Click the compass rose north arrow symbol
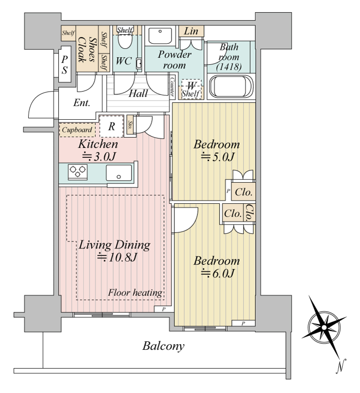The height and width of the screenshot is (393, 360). click(x=324, y=327)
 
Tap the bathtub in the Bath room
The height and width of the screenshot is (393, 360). click(x=231, y=86)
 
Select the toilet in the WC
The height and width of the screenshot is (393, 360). click(x=125, y=40)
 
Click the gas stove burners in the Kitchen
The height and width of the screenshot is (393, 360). click(x=78, y=172)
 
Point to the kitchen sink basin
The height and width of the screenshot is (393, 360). click(x=118, y=173)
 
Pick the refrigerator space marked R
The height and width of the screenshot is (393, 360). click(x=111, y=126)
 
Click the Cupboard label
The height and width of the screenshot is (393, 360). click(x=77, y=130)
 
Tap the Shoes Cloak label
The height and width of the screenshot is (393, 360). click(x=87, y=49)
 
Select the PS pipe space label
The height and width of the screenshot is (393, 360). click(x=65, y=65)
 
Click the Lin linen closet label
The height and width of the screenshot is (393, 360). click(x=191, y=31)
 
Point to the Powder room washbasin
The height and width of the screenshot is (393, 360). click(x=160, y=36)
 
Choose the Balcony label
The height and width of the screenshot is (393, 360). click(x=164, y=346)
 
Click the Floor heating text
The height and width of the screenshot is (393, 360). click(x=135, y=293)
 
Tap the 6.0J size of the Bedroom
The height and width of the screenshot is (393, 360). click(x=218, y=273)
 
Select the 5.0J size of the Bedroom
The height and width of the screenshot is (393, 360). click(x=218, y=157)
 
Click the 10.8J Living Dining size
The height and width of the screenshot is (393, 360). click(x=117, y=257)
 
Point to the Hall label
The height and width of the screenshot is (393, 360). click(x=138, y=93)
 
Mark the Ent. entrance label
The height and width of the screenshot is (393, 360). click(x=82, y=103)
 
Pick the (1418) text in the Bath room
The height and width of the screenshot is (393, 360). click(x=229, y=67)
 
